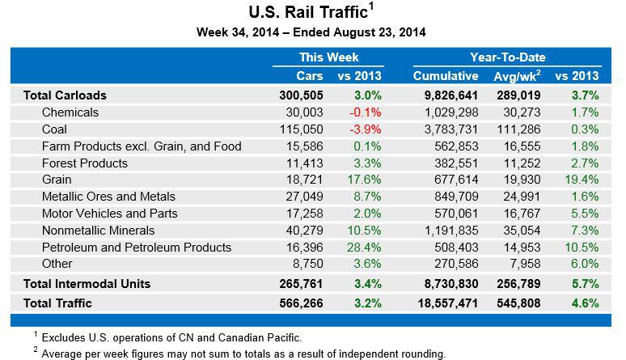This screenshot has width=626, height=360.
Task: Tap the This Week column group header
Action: [x=328, y=57]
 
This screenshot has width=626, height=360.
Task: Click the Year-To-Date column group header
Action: [x=507, y=57]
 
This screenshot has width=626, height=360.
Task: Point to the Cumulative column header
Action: [x=446, y=76]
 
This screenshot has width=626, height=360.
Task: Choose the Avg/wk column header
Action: [x=518, y=76]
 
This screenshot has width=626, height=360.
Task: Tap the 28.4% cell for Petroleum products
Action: [x=361, y=248]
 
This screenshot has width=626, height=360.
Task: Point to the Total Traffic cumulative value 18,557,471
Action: [x=446, y=303]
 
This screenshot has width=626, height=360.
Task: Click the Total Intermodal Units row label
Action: [x=87, y=283]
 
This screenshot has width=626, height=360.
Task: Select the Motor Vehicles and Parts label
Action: [x=109, y=214]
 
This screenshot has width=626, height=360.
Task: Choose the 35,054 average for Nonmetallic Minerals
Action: [x=519, y=231]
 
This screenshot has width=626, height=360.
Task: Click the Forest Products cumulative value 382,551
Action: [x=453, y=163]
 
